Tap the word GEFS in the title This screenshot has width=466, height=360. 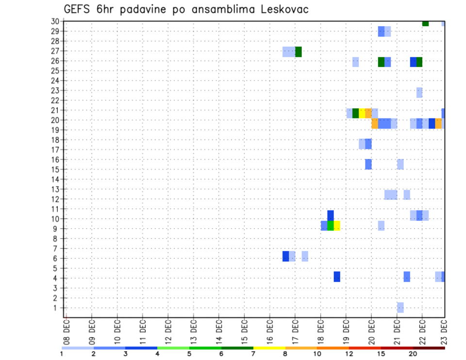point(79,10)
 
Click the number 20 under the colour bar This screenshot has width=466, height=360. point(413,354)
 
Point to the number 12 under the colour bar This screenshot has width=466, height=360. point(349,354)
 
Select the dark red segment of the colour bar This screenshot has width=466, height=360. point(429,348)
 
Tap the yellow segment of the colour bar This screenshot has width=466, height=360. point(269,348)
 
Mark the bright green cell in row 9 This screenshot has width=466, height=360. point(331,226)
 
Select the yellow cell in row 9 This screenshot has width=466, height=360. point(337,226)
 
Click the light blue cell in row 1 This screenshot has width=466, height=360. point(400,308)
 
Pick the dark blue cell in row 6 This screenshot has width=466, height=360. point(286,256)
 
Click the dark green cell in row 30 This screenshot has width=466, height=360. point(425,23)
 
